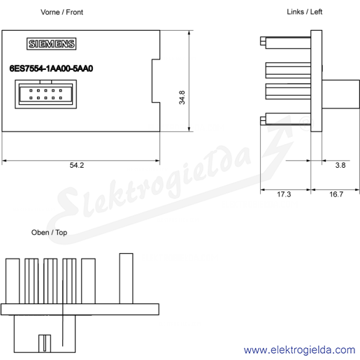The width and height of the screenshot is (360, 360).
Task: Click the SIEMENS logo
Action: pyautogui.click(x=51, y=43)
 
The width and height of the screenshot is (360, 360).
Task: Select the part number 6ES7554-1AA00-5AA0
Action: pyautogui.click(x=51, y=69)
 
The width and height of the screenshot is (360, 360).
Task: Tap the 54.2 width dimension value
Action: pyautogui.click(x=77, y=165)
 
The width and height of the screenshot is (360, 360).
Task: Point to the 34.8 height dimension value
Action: pyautogui.click(x=182, y=97)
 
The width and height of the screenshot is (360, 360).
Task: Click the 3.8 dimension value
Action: pyautogui.click(x=340, y=165)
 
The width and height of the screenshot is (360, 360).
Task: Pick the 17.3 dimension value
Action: pyautogui.click(x=284, y=194)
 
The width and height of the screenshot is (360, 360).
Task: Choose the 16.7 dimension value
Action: pyautogui.click(x=336, y=194)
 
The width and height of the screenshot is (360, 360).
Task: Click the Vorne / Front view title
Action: pyautogui.click(x=62, y=12)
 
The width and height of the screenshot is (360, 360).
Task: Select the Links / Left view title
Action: pyautogui.click(x=304, y=12)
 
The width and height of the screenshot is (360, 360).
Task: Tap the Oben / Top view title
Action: pyautogui.click(x=49, y=232)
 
